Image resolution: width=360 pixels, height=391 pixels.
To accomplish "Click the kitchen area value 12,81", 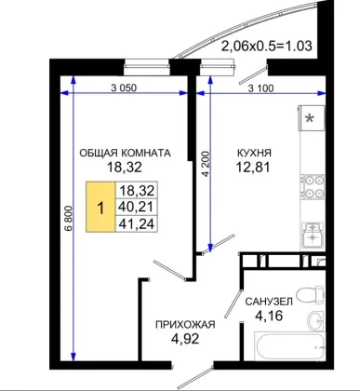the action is tap(253, 168).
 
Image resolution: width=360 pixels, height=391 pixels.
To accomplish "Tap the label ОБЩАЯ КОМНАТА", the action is tap(125, 153).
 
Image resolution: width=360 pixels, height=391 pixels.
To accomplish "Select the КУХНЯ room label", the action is tap(254, 153).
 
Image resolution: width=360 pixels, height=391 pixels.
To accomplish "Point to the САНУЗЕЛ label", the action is tap(269, 302).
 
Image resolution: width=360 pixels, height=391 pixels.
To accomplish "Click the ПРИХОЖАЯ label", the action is tap(185, 325).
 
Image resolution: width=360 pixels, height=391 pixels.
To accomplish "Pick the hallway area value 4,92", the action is tap(185, 339).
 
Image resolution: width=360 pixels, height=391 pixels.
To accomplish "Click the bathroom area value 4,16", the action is tap(269, 316).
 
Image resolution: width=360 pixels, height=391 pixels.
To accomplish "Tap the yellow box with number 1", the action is tap(100, 207).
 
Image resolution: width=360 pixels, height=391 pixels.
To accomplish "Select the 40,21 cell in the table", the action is tap(137, 207).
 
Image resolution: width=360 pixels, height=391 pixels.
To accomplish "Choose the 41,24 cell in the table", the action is tap(137, 223).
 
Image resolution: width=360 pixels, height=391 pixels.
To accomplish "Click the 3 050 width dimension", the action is tap(124, 88).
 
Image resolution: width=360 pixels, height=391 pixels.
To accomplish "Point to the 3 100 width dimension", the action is tap(261, 88).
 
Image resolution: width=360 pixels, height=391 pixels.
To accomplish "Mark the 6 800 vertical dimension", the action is tap(69, 218).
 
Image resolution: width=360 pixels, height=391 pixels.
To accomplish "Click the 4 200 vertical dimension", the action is tap(206, 164).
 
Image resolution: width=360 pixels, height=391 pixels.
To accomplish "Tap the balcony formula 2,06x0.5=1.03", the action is tap(266, 46).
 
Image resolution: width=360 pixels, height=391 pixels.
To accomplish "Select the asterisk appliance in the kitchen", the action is tap(312, 118).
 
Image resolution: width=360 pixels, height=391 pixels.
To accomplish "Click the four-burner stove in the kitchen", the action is tap(313, 187).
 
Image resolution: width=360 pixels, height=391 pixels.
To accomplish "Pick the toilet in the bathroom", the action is tap(310, 293).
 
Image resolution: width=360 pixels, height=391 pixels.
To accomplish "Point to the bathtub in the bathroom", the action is tap(290, 346).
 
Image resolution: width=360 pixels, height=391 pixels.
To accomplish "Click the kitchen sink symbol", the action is tap(313, 235).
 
